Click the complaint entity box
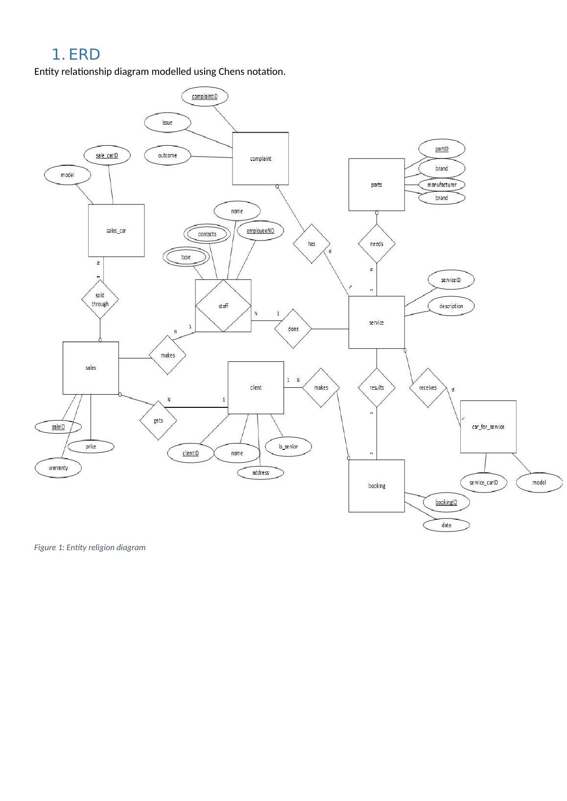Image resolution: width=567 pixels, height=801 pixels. (260, 158)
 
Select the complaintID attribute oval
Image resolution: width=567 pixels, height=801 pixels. (205, 96)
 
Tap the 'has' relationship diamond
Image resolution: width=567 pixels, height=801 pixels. (311, 244)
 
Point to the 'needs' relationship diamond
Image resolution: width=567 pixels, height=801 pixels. (377, 244)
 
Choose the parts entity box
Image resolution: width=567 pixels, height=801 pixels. (377, 184)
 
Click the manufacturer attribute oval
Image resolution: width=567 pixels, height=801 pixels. (442, 185)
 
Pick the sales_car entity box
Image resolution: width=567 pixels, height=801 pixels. (116, 230)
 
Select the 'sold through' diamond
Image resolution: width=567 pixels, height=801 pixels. (100, 299)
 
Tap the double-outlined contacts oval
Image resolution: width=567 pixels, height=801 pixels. (207, 234)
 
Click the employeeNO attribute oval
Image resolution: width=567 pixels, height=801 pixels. (260, 231)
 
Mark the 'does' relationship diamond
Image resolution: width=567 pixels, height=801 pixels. (293, 329)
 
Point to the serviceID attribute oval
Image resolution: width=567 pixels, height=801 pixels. (450, 280)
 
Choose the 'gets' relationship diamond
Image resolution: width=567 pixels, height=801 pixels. (158, 421)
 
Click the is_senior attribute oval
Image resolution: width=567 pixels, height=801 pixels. (288, 446)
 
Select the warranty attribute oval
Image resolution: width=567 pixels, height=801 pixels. (58, 468)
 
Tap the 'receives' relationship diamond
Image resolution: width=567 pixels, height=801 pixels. (428, 388)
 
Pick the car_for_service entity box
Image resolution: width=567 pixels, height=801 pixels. (488, 427)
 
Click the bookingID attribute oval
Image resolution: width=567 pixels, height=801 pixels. (446, 502)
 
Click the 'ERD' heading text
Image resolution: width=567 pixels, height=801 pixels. (84, 54)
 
